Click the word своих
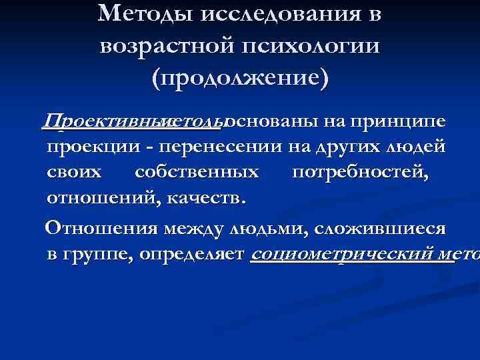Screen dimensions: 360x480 point(75,172)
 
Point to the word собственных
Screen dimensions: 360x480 point(197,172)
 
